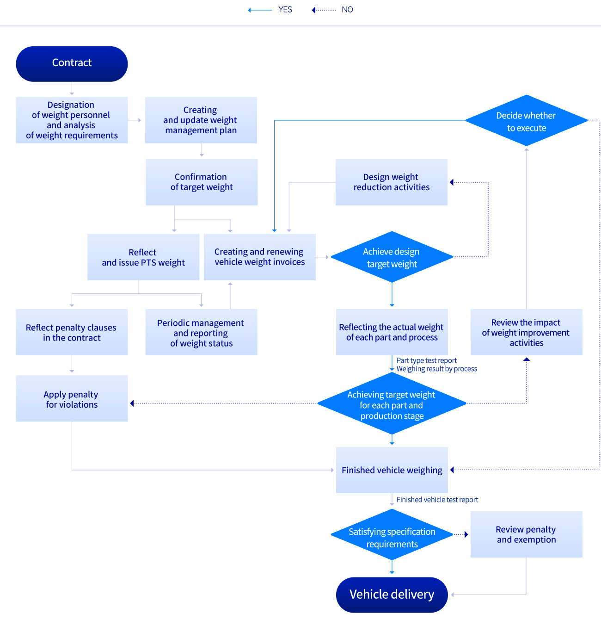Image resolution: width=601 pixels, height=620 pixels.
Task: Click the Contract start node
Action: coord(72,64)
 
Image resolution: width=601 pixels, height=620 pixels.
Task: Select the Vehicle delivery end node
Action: coord(392,595)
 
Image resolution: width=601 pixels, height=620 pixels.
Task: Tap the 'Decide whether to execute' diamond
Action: coord(526,120)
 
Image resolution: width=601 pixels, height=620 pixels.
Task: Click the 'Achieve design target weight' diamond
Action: coord(392,257)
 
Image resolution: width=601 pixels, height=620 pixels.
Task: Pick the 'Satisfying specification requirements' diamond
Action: coord(392,534)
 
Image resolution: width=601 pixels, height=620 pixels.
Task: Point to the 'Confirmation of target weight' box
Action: coord(202,182)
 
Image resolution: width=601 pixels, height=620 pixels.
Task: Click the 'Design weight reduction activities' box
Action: coord(392,182)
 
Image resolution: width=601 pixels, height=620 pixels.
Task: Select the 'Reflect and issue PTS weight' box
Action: coord(143,257)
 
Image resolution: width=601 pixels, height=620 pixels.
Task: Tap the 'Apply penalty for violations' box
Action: coord(72,398)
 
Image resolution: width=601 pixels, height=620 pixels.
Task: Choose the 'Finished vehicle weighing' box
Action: coord(392,470)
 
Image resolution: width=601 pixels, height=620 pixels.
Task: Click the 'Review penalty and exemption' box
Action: coord(526,534)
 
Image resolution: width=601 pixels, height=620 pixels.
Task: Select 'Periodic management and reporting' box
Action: coord(201,332)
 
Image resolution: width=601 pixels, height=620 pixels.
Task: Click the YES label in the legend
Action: coord(285,10)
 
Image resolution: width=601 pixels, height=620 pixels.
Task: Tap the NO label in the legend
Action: coord(347,10)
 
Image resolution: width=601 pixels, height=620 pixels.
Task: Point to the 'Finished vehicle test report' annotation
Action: coord(437,500)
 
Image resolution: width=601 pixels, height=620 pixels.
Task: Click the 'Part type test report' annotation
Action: coord(427,360)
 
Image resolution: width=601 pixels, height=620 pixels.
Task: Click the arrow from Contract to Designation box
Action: coord(72,88)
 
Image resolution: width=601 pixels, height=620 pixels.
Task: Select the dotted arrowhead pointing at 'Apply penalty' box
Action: coord(132,403)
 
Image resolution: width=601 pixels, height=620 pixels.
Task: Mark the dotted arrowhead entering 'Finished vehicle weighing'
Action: coord(452,470)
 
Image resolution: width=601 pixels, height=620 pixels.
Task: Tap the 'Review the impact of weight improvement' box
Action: coord(526,332)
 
